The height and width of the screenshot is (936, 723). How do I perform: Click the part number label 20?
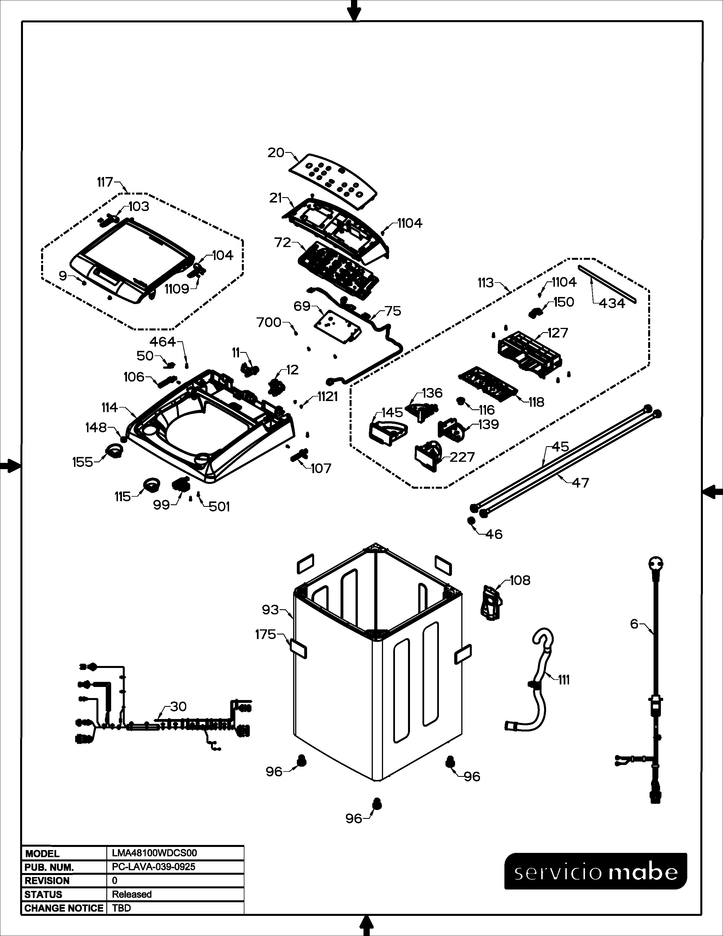point(276,153)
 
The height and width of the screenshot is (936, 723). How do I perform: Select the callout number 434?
point(612,303)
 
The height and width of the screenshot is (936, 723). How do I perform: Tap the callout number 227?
point(462,457)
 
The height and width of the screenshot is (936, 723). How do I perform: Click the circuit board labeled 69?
point(337,327)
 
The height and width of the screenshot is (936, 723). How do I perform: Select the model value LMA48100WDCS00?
point(154,853)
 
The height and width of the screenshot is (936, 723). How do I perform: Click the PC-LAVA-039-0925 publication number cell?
point(153,867)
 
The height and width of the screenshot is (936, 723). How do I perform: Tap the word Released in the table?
point(132,894)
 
